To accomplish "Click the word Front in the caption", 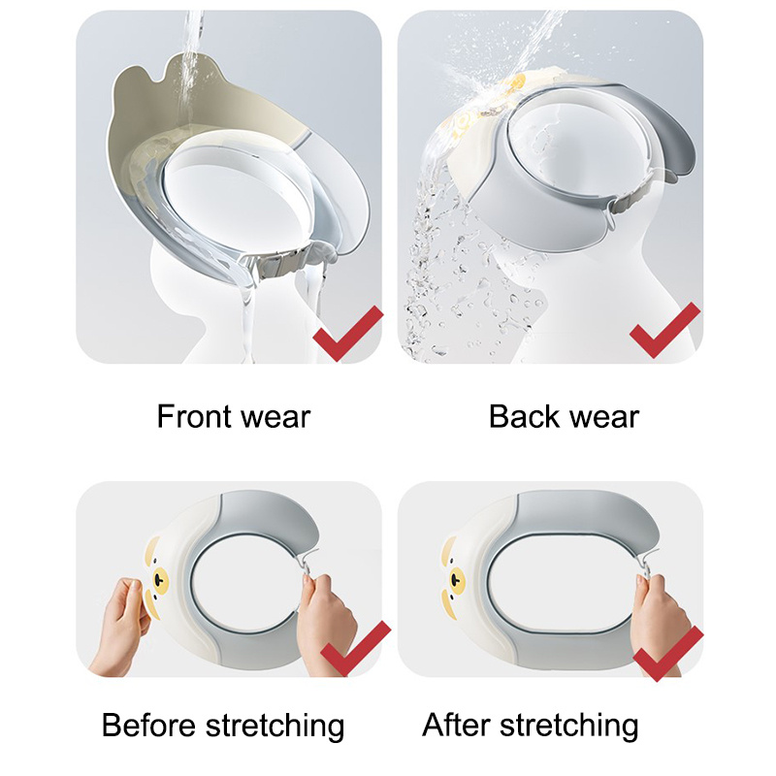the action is tap(196, 417).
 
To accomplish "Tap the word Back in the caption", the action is tap(524, 417).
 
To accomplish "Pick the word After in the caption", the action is tap(457, 726).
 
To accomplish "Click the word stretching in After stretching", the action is tap(568, 727).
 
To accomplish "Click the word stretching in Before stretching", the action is tap(275, 727).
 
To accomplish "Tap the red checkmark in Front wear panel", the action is tap(348, 334).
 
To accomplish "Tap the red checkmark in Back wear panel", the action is tap(665, 330).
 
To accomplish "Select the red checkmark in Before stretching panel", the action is tap(356, 648).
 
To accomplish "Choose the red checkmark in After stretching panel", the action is tap(668, 653).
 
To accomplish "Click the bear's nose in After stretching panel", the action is tap(455, 578).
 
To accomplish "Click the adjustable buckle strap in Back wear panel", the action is tap(636, 194).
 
